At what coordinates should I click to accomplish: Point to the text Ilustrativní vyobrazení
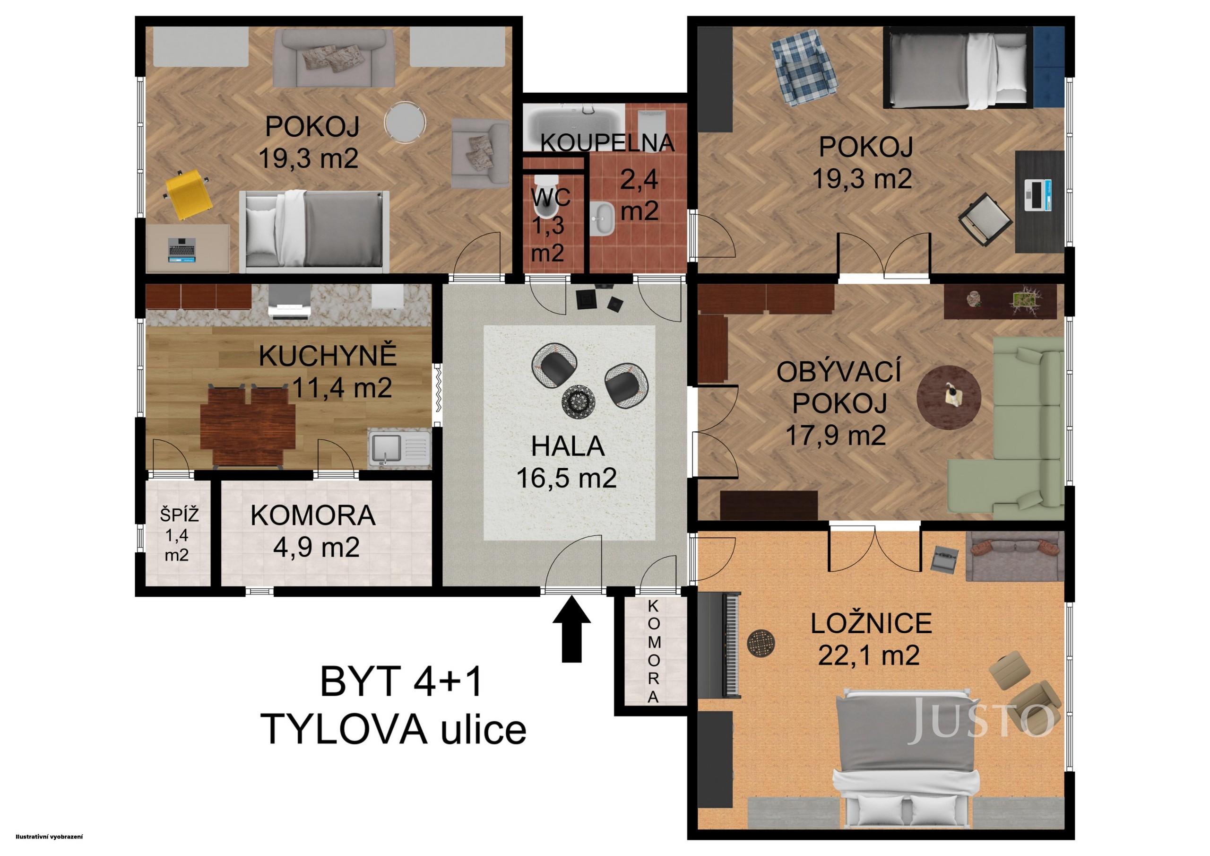pos(50,836)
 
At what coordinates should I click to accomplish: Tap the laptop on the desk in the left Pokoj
pos(182,249)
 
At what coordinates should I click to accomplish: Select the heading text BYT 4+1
pos(400,681)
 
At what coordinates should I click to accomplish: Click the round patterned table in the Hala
pos(579,402)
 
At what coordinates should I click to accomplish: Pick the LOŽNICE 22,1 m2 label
pos(870,639)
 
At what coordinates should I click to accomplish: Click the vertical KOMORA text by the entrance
pos(654,651)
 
